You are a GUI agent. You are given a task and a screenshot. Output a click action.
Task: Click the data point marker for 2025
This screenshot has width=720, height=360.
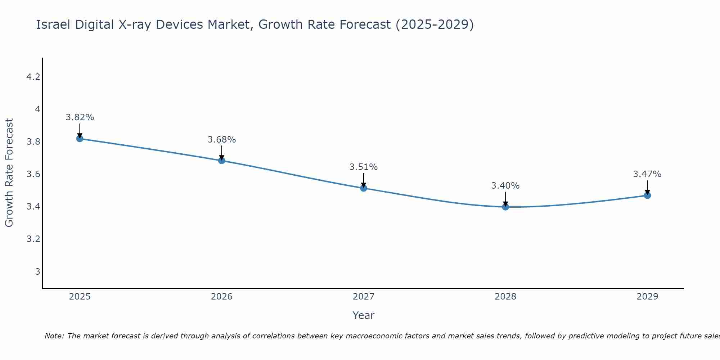(x=80, y=139)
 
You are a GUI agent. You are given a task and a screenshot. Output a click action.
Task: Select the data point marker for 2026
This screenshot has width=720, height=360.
(x=222, y=161)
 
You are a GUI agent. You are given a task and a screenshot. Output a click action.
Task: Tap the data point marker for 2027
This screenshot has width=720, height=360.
(x=364, y=188)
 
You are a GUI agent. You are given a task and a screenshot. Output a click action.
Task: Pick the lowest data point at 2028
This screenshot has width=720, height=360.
(x=505, y=207)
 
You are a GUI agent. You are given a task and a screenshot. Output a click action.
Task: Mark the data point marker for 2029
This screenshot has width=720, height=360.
(x=647, y=195)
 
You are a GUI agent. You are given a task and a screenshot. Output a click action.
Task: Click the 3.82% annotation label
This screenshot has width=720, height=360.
(x=80, y=117)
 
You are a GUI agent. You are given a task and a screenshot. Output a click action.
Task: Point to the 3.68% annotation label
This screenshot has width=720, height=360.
(x=222, y=140)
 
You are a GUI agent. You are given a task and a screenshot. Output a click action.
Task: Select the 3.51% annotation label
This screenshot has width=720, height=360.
(x=364, y=167)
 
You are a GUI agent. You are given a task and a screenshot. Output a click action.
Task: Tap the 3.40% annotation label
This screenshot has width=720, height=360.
(x=505, y=186)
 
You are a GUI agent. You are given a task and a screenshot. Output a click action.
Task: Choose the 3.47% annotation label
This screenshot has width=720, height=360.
(x=647, y=174)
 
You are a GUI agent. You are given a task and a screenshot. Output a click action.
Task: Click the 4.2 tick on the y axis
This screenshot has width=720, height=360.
(x=33, y=77)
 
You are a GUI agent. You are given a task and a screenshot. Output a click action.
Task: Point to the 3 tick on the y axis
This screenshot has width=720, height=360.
(x=37, y=271)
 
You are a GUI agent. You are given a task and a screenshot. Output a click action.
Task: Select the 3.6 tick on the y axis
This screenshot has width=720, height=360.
(x=33, y=174)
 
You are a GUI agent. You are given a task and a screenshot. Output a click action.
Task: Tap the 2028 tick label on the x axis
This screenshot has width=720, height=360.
(x=505, y=297)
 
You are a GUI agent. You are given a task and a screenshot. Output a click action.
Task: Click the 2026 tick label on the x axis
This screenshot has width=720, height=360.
(x=222, y=297)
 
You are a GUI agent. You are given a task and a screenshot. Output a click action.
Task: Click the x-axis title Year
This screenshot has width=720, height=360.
(x=364, y=315)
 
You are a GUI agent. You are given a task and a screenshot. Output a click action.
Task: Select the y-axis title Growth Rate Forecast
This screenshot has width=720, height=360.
(x=9, y=173)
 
